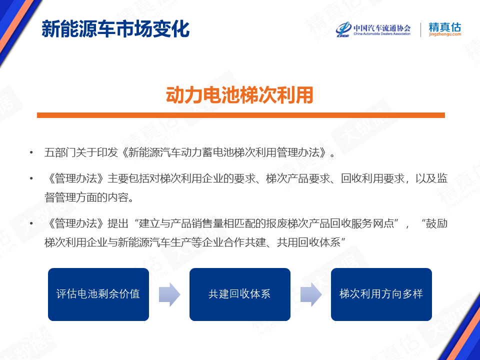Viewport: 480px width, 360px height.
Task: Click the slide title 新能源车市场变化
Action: click(115, 29)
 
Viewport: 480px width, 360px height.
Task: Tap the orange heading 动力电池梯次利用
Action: click(239, 95)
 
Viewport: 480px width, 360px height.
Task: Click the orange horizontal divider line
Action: click(241, 115)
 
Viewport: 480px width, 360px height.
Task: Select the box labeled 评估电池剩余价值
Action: click(98, 294)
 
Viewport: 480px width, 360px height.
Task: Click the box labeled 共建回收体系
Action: click(240, 294)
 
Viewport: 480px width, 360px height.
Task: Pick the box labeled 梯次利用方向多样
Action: click(381, 294)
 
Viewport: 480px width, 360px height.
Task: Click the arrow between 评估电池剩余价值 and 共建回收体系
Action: click(169, 294)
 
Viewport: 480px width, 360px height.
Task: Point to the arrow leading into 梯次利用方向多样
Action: click(311, 294)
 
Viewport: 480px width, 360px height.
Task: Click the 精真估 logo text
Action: click(445, 27)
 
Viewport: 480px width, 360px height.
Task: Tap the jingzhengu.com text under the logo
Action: click(445, 34)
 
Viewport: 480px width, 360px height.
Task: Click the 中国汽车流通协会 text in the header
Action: click(382, 28)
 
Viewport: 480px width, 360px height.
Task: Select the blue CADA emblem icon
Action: click(343, 29)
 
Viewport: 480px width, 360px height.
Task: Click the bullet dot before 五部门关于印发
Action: click(31, 152)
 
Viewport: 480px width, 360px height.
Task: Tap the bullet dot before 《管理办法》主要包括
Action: click(31, 178)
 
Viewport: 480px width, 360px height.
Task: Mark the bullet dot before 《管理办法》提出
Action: click(31, 224)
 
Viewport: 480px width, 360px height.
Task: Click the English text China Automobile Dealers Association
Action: click(382, 34)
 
